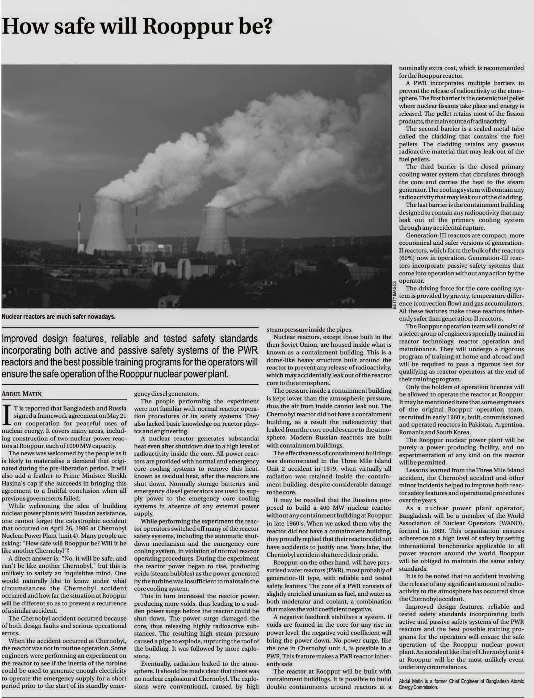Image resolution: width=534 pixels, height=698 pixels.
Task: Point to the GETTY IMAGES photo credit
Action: pyautogui.click(x=394, y=295)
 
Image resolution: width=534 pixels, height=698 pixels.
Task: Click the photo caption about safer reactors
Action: pyautogui.click(x=59, y=317)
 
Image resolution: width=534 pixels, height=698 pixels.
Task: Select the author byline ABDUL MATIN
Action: pyautogui.click(x=22, y=394)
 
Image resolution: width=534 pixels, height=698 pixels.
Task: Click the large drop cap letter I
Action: pyautogui.click(x=7, y=415)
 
